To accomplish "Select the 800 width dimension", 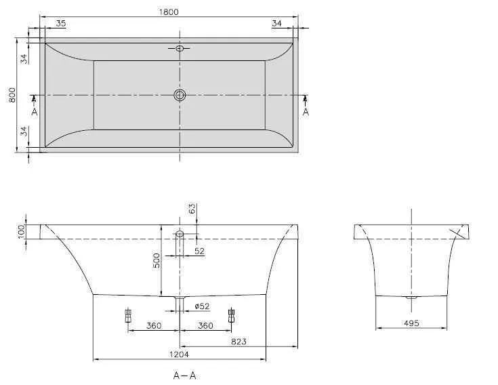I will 12,95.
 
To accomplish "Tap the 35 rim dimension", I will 61,23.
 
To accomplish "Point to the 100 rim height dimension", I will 21,231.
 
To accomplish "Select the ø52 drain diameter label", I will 201,306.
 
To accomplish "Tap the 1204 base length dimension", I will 180,354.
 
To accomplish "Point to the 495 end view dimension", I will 411,323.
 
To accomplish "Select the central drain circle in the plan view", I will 180,95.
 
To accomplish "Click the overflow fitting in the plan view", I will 180,48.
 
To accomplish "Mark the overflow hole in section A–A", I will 180,234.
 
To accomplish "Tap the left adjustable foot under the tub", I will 127,316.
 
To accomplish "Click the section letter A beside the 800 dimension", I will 35,112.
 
